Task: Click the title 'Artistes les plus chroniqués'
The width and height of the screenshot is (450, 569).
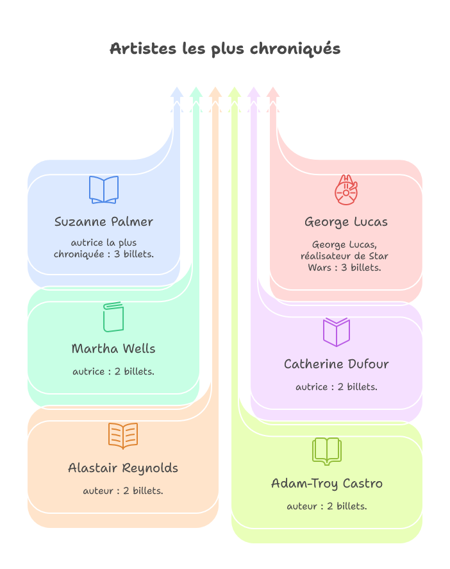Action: tap(225, 49)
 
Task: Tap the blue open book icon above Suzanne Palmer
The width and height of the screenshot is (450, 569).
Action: tap(104, 190)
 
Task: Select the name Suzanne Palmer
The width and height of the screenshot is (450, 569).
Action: tap(104, 222)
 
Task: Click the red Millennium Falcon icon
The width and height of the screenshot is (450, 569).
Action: tap(346, 190)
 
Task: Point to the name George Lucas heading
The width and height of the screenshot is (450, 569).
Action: tap(346, 222)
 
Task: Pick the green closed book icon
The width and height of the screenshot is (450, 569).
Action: tap(113, 317)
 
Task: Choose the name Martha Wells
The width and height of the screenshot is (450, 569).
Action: tap(113, 349)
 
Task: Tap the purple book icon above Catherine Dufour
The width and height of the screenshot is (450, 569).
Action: tap(337, 332)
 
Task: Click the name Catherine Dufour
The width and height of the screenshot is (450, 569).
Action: tap(337, 364)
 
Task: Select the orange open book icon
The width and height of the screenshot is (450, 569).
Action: tap(123, 436)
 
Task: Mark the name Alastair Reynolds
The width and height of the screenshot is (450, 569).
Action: tap(123, 468)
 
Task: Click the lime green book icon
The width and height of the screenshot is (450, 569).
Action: tap(327, 451)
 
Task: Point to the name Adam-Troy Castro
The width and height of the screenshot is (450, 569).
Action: tap(327, 484)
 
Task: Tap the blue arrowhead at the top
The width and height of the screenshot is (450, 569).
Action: tap(177, 93)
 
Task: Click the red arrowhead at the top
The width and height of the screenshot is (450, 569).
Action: tap(273, 93)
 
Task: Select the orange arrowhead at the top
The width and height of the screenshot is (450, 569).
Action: tap(215, 93)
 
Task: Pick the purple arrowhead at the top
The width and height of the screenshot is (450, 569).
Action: tap(254, 93)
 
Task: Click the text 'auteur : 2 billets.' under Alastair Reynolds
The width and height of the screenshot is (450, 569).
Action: tap(123, 491)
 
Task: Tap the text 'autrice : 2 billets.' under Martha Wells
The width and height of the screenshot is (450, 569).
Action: tap(113, 371)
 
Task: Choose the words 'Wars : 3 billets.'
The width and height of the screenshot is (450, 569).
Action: tap(344, 268)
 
